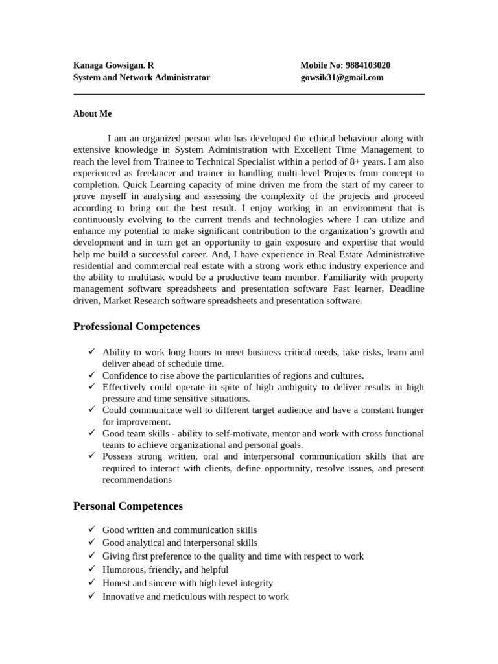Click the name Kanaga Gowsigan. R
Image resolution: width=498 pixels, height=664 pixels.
click(x=113, y=65)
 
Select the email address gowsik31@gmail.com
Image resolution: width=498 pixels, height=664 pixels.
click(x=342, y=77)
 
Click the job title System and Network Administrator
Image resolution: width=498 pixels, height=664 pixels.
click(x=141, y=77)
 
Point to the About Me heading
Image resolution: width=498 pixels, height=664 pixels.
click(x=92, y=113)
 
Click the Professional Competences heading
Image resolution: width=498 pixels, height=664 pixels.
click(x=136, y=326)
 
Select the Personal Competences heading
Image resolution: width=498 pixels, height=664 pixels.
click(x=128, y=506)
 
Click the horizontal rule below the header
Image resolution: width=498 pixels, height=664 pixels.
click(x=249, y=94)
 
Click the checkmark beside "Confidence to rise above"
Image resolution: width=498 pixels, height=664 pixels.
click(x=91, y=375)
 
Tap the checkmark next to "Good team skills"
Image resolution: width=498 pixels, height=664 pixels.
click(x=91, y=433)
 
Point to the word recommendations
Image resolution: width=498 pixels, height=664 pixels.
click(x=137, y=480)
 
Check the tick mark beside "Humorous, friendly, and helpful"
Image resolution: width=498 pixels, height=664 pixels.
click(x=91, y=569)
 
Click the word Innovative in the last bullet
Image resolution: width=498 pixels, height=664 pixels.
click(x=124, y=596)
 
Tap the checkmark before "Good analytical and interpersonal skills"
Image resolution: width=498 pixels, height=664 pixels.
click(x=91, y=542)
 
